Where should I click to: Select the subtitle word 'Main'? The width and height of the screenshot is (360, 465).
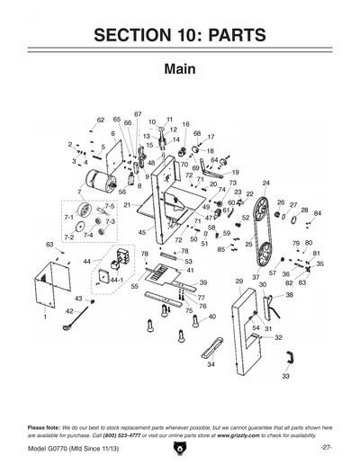(x=180, y=70)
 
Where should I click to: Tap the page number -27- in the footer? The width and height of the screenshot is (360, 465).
(x=327, y=447)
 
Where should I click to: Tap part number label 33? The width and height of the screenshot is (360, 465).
(x=285, y=377)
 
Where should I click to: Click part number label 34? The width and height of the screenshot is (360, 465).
(x=211, y=365)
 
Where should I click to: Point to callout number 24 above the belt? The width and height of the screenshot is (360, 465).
(x=265, y=183)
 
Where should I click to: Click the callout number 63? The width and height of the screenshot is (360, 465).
(x=49, y=244)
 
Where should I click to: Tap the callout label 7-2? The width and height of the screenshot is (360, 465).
(x=68, y=237)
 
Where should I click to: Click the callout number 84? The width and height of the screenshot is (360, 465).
(x=318, y=213)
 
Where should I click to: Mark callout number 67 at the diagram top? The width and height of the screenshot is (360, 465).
(x=138, y=114)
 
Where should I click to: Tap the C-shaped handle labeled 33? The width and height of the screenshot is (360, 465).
(x=288, y=359)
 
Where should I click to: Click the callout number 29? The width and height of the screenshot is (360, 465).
(x=239, y=282)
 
